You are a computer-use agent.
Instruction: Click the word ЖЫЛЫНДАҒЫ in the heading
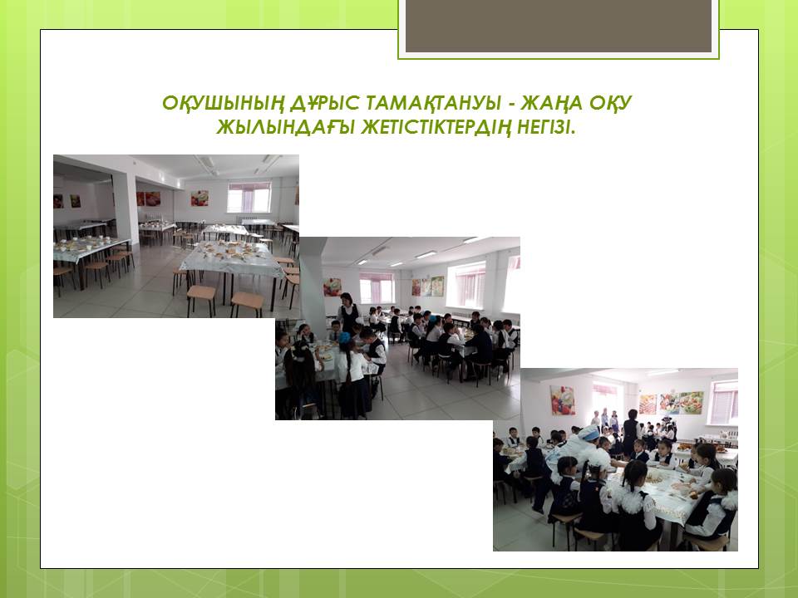(285, 127)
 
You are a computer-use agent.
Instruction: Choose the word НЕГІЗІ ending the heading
(546, 127)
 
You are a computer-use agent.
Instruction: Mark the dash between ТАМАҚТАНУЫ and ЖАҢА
(510, 105)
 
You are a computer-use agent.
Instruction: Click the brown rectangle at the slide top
(559, 26)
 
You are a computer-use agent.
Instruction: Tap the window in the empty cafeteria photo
(249, 198)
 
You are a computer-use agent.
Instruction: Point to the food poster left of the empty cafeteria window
(199, 198)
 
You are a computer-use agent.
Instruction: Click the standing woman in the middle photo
(348, 313)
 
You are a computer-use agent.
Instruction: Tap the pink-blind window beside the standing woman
(377, 288)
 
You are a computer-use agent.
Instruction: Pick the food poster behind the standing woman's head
(332, 287)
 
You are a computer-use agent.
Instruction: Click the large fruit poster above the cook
(563, 400)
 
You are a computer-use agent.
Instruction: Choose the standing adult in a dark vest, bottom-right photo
(631, 431)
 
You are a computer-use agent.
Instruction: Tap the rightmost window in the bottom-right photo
(725, 402)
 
